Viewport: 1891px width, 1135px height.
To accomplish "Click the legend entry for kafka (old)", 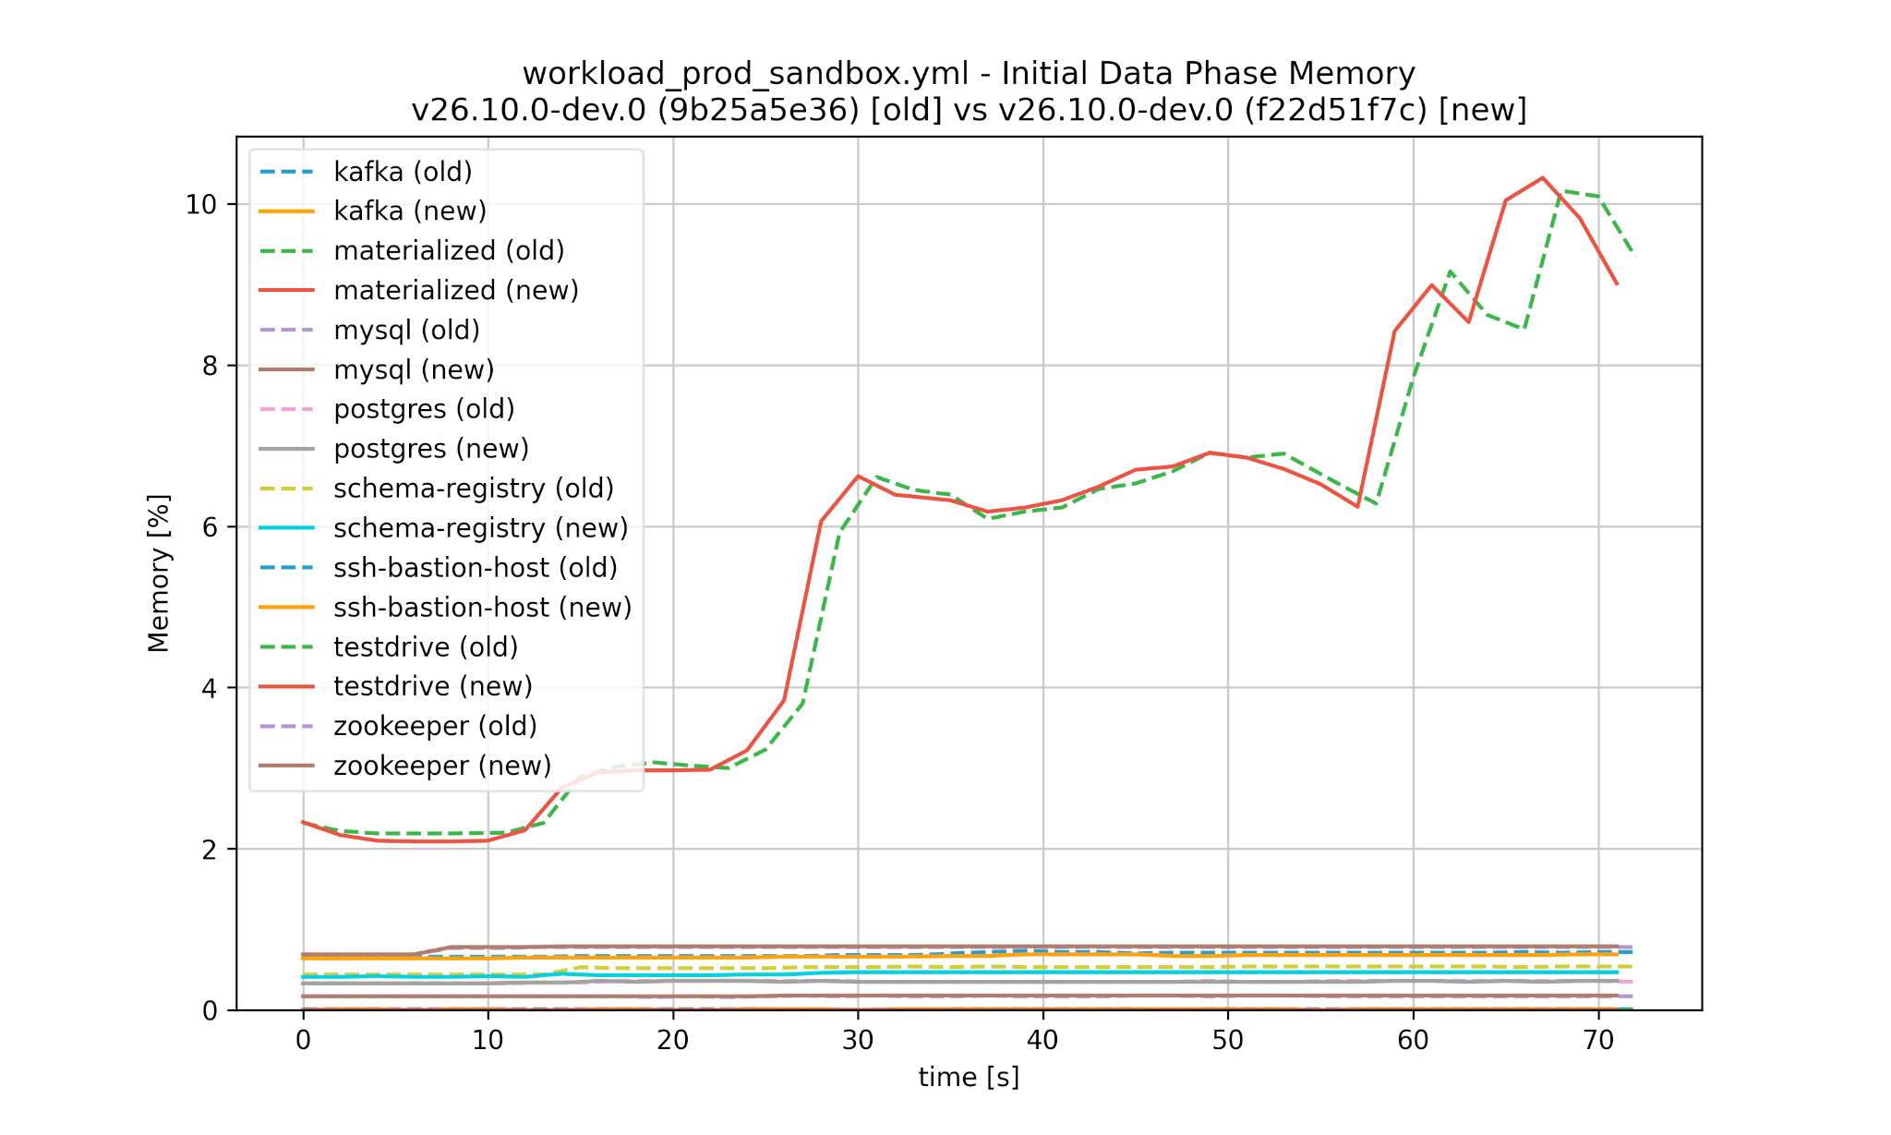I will pyautogui.click(x=403, y=172).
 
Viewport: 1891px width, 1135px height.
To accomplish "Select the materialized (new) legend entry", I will pyautogui.click(x=455, y=291).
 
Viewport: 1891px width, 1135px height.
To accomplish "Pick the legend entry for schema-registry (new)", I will pyautogui.click(x=480, y=528).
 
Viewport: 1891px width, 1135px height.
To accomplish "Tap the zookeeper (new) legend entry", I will pyautogui.click(x=441, y=766).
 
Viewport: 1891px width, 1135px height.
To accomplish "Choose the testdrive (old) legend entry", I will pyautogui.click(x=426, y=647).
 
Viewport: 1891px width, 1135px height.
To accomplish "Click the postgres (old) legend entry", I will pyautogui.click(x=424, y=409).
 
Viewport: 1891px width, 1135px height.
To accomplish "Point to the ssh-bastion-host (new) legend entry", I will pyautogui.click(x=482, y=608).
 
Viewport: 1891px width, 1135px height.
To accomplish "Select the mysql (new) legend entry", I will pyautogui.click(x=414, y=370).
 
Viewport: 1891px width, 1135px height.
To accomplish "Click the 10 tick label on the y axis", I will pyautogui.click(x=201, y=205).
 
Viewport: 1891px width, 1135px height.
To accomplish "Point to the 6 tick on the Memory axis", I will pyautogui.click(x=211, y=527).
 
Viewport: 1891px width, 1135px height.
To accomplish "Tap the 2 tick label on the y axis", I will pyautogui.click(x=211, y=850).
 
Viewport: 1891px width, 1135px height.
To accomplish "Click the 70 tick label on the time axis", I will pyautogui.click(x=1598, y=1041).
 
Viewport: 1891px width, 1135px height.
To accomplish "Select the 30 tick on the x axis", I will pyautogui.click(x=858, y=1041).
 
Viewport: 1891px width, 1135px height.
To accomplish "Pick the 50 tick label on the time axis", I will pyautogui.click(x=1228, y=1041).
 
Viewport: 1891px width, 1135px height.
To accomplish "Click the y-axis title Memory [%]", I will pyautogui.click(x=159, y=574).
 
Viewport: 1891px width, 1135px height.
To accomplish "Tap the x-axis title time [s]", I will pyautogui.click(x=969, y=1078).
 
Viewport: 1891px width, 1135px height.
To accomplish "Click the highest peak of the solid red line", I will pyautogui.click(x=1542, y=178).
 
